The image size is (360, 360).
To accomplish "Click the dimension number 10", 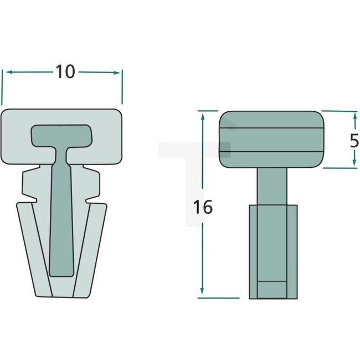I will click(65, 71).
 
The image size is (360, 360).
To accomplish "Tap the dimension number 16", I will click(203, 207).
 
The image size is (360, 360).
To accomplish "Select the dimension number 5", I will click(354, 140).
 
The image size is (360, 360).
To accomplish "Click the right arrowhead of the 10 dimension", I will click(118, 71).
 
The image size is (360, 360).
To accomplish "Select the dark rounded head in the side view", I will click(271, 140).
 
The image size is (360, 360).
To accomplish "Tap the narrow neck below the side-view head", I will click(271, 186).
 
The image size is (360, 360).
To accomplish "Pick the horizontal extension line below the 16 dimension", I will click(218, 298).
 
